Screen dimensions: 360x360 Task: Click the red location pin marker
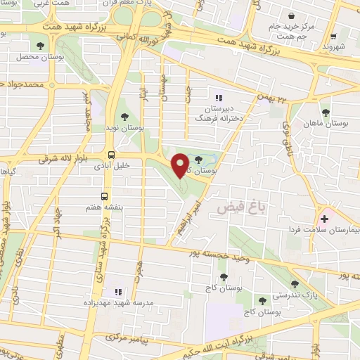180,164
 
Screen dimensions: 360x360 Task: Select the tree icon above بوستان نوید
124,116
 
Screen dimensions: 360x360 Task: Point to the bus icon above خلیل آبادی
111,155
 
